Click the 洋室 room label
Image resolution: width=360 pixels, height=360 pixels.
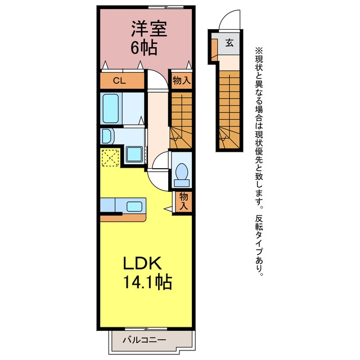[149, 29]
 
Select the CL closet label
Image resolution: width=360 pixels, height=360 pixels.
[119, 80]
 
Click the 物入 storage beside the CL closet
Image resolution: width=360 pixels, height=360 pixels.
[182, 80]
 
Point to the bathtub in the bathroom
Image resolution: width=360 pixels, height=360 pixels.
[111, 109]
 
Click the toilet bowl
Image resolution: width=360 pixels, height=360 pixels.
[182, 172]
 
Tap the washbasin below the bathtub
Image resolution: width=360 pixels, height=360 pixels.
[107, 136]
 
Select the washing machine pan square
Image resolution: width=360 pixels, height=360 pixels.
[134, 154]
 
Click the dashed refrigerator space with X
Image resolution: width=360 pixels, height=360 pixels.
[110, 157]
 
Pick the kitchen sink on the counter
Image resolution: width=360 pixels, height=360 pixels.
[134, 206]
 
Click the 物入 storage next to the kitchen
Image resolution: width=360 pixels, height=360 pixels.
[184, 201]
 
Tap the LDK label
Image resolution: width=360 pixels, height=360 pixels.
[142, 263]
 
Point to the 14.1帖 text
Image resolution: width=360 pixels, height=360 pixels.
[147, 282]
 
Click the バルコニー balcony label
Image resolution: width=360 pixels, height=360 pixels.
[144, 340]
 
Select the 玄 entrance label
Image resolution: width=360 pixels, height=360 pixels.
[229, 43]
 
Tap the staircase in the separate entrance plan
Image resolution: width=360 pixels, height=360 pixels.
[229, 110]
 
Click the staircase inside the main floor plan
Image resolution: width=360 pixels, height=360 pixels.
[181, 120]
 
